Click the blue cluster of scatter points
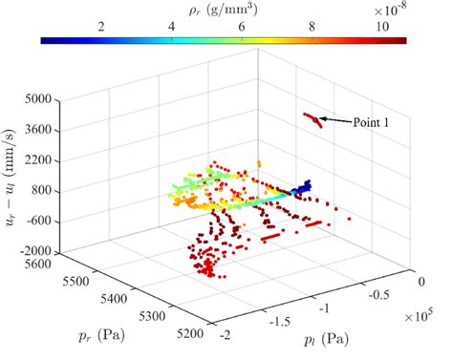pos(302,188)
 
